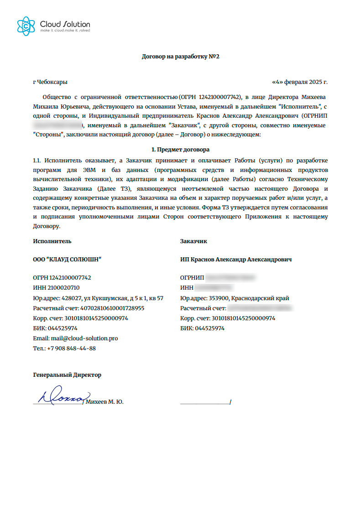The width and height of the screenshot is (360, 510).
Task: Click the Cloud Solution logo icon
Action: pyautogui.click(x=26, y=26)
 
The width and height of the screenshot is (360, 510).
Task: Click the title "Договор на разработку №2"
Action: pyautogui.click(x=181, y=57)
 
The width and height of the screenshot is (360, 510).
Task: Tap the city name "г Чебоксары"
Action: pyautogui.click(x=50, y=82)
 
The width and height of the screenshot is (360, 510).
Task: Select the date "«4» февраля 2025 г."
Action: pyautogui.click(x=300, y=82)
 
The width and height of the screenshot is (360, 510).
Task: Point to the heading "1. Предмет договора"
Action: pyautogui.click(x=180, y=150)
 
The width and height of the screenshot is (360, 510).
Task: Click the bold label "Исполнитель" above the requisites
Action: pyautogui.click(x=52, y=241)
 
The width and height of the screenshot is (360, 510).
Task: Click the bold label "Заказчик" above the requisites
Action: pyautogui.click(x=194, y=241)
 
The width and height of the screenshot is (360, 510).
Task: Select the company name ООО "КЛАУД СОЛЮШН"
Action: pyautogui.click(x=67, y=259)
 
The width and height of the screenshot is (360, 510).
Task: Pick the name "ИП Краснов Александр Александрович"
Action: pyautogui.click(x=236, y=259)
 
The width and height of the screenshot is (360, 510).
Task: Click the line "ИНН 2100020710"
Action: pyautogui.click(x=56, y=288)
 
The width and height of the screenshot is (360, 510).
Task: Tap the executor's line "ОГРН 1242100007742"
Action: pyautogui.click(x=62, y=277)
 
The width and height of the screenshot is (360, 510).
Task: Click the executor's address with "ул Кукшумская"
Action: pyautogui.click(x=98, y=298)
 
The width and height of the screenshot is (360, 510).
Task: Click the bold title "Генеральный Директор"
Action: pyautogui.click(x=67, y=375)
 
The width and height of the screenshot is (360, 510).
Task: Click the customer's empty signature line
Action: pyautogui.click(x=205, y=402)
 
